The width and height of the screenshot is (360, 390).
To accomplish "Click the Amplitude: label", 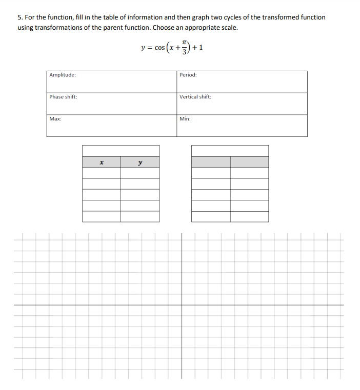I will (62, 75).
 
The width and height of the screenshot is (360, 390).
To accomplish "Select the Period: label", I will (188, 75).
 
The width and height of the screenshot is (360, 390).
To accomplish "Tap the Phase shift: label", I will (63, 97).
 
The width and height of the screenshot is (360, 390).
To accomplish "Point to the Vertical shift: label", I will (195, 97).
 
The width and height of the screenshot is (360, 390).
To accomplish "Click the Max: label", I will (55, 118).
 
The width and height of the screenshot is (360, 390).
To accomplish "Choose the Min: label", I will (185, 118).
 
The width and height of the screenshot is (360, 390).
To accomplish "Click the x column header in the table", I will (102, 162).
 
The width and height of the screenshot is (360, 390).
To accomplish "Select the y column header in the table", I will (140, 162).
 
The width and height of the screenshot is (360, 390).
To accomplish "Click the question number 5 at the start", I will (19, 17).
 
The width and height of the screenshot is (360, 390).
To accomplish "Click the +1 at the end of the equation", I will (200, 48).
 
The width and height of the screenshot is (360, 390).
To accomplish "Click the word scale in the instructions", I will (229, 27).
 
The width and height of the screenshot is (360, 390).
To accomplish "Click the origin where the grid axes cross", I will (182, 305).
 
